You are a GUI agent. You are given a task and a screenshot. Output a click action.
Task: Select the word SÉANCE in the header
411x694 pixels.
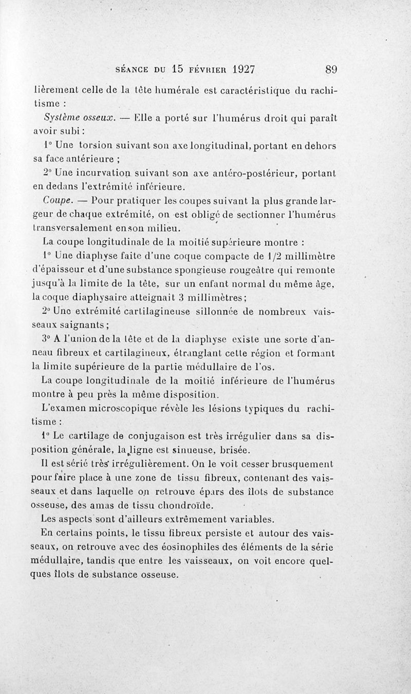133,69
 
